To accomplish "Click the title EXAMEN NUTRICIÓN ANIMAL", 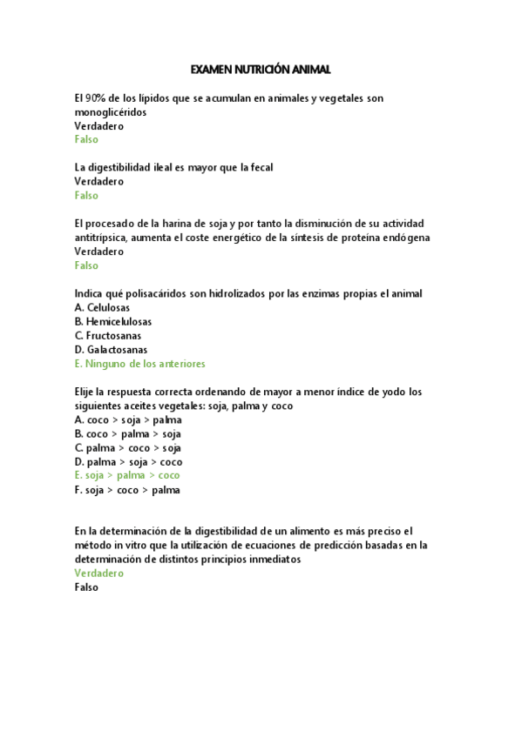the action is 261,69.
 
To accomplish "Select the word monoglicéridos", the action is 111,112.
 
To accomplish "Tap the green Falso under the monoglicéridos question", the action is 86,139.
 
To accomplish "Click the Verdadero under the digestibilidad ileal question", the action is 99,181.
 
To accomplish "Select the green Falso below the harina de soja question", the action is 86,265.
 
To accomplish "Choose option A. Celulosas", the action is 102,307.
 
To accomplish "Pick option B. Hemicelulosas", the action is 113,321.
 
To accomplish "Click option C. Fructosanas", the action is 108,335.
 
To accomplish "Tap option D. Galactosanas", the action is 111,349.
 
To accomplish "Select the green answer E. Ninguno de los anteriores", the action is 139,364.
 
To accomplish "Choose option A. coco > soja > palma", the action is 128,419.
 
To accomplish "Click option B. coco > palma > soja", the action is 128,433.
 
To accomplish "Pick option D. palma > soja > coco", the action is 128,461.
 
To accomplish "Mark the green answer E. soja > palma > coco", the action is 127,475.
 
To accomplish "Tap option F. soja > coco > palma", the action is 127,489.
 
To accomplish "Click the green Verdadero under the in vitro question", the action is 99,574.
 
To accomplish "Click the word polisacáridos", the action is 165,293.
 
